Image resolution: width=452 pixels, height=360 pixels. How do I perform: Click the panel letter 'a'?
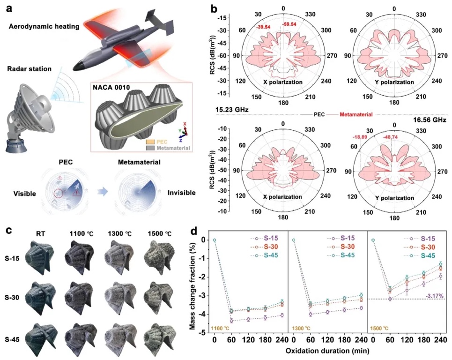point(5,8)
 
